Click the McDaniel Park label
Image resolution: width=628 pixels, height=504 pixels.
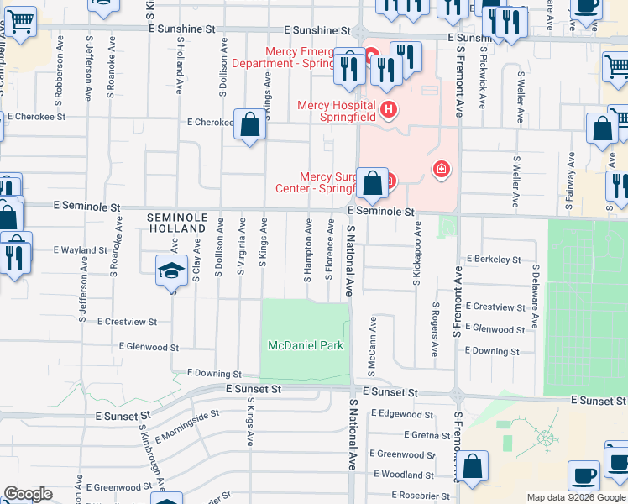(x=305, y=345)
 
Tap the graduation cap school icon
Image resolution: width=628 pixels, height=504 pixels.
(x=170, y=271)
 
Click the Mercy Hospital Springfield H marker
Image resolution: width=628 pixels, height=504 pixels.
(x=388, y=108)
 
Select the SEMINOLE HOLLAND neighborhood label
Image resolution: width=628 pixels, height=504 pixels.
(x=176, y=223)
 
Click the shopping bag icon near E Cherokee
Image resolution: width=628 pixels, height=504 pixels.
(x=250, y=126)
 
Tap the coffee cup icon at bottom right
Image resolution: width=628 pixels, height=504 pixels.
(x=584, y=475)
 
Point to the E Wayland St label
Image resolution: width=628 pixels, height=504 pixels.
(x=81, y=250)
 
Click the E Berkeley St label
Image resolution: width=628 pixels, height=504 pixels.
(x=494, y=260)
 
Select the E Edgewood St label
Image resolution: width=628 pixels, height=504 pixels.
(x=406, y=414)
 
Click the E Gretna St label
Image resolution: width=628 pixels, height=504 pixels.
(x=427, y=435)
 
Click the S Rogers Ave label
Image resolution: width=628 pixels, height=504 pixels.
(x=435, y=330)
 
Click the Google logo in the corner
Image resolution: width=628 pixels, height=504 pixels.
(x=28, y=494)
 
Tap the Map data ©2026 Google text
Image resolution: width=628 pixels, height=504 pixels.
(x=575, y=497)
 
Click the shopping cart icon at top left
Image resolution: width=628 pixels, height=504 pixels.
(x=20, y=23)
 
